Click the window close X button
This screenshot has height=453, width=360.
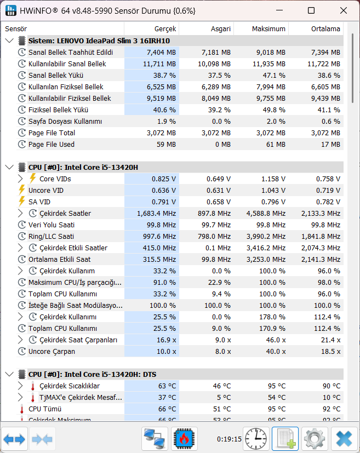(343, 11)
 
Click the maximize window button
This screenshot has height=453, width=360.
(311, 11)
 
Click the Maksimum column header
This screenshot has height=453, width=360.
(268, 29)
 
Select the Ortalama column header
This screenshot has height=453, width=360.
(325, 29)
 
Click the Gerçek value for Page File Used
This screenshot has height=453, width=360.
(166, 145)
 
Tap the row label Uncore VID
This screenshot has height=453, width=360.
(46, 191)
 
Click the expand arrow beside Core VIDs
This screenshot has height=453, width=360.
(20, 179)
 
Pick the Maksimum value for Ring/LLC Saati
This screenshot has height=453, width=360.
(266, 236)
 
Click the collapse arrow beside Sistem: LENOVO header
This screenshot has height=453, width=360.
(9, 41)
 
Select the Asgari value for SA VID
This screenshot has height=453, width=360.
(219, 202)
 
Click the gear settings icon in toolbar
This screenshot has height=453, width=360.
(315, 439)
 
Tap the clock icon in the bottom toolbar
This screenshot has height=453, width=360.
(256, 439)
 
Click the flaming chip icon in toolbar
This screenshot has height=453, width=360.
(184, 439)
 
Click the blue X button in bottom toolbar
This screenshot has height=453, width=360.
(344, 439)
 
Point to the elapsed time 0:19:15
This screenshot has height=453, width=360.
(229, 439)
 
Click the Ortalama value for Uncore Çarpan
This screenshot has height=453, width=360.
(331, 352)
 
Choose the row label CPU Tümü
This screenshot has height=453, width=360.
(45, 409)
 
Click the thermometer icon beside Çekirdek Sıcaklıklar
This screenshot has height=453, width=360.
(33, 386)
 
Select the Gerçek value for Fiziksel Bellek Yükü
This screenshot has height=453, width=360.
(164, 110)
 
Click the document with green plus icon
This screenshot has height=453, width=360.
(285, 439)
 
